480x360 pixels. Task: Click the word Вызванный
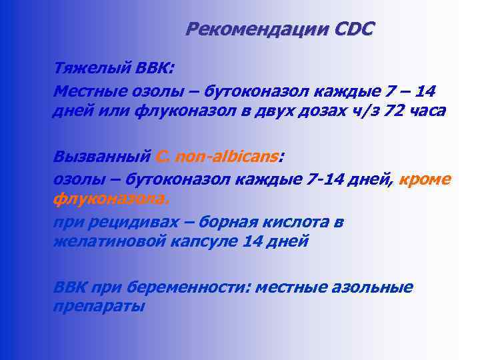[x=101, y=157]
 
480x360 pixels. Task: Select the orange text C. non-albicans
[x=217, y=157]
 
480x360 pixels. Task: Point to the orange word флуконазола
[x=111, y=199]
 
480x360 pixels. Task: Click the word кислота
[x=292, y=221]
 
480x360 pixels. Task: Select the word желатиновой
[x=103, y=241]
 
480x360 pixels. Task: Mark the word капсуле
[x=193, y=241]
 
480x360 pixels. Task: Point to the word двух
[x=261, y=111]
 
